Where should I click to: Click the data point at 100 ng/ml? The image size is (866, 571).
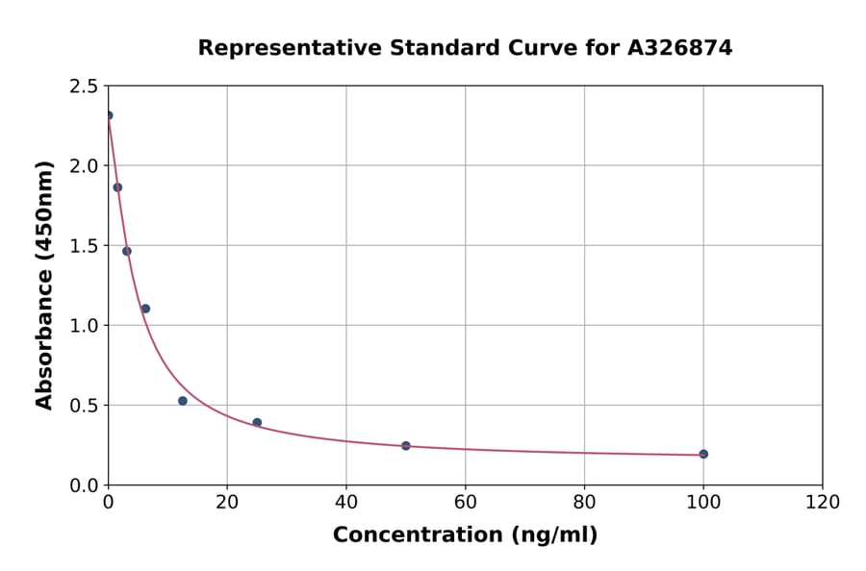(x=703, y=454)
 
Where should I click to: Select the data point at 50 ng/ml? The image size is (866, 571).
(x=406, y=446)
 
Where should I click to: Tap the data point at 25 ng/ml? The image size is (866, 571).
(x=257, y=422)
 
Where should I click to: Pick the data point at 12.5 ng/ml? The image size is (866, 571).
(x=183, y=401)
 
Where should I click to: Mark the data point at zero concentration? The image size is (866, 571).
(x=109, y=115)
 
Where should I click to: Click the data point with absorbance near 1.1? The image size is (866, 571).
(x=145, y=309)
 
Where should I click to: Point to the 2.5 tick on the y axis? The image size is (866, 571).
(x=85, y=87)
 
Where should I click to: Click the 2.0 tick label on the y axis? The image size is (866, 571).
(x=85, y=166)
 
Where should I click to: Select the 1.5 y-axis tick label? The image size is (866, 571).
(x=85, y=246)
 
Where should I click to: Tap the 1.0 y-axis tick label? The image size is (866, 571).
(x=85, y=326)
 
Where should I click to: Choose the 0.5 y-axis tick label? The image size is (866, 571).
(x=85, y=406)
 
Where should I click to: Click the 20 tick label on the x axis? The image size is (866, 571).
(x=227, y=502)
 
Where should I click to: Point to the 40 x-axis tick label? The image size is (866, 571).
(x=346, y=502)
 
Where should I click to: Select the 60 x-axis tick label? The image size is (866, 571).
(x=465, y=502)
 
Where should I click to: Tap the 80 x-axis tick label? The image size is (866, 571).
(x=584, y=502)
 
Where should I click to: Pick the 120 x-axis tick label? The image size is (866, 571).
(x=823, y=502)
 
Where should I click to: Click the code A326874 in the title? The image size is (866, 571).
(x=680, y=48)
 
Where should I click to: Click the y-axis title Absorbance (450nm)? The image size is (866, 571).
(x=44, y=285)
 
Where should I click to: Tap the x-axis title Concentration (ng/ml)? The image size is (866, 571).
(x=465, y=535)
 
